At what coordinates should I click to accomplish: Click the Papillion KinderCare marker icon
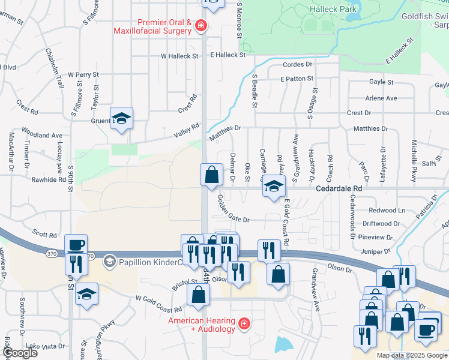109,261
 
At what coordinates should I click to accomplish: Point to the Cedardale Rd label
340,188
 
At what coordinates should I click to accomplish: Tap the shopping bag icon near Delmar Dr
211,176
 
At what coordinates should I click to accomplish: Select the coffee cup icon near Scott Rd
76,245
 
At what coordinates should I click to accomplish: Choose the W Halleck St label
179,56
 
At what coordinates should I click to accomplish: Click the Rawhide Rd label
49,179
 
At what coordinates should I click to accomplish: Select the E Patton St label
297,79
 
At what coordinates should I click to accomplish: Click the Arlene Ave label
381,98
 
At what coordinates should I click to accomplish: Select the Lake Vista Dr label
46,346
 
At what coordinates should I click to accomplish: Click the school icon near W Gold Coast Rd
87,295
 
